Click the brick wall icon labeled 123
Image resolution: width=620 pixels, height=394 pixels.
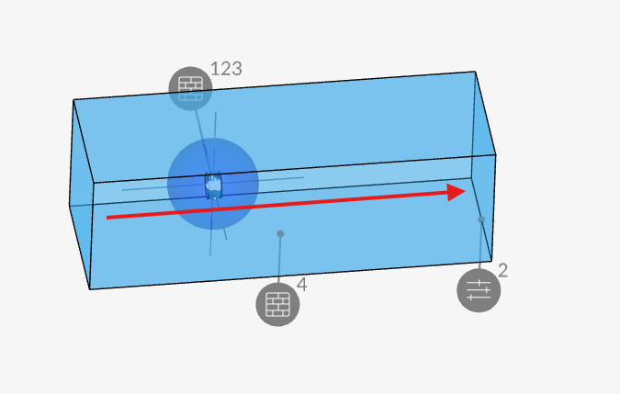coord(190,88)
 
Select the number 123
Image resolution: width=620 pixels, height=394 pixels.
coord(226,69)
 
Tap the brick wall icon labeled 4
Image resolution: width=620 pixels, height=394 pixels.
coord(277,304)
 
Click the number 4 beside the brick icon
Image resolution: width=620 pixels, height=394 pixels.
coord(301,285)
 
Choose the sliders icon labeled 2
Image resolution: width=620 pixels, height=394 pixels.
coord(479,290)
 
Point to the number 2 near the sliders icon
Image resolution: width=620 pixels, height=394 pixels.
coord(503,271)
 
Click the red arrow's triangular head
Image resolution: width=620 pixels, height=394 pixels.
coord(457,193)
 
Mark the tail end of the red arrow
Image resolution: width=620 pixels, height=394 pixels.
coord(107,218)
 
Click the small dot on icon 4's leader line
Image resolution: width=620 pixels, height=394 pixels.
coord(280,233)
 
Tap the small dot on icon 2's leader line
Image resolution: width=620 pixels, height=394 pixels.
coord(481,220)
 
